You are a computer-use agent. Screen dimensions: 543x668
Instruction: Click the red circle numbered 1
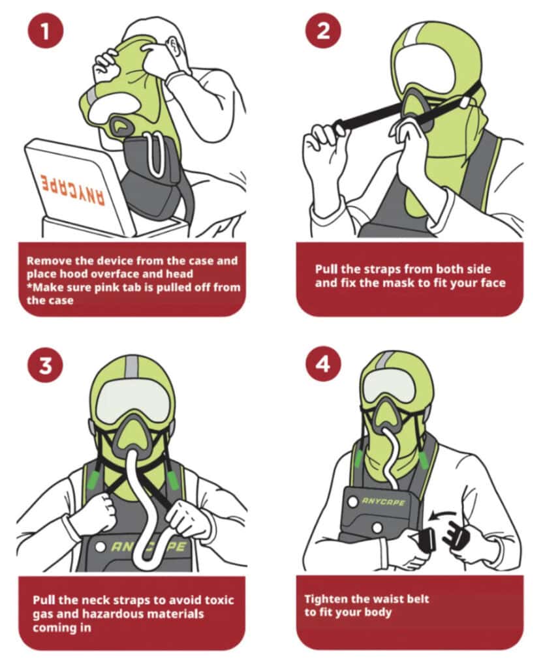pyautogui.click(x=46, y=31)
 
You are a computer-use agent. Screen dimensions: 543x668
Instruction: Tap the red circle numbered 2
pyautogui.click(x=323, y=31)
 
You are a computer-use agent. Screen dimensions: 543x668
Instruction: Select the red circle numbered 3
pyautogui.click(x=46, y=365)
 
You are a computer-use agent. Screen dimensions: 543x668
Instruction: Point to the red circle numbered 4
pyautogui.click(x=323, y=364)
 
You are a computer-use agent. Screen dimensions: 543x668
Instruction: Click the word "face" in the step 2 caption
pyautogui.click(x=491, y=283)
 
